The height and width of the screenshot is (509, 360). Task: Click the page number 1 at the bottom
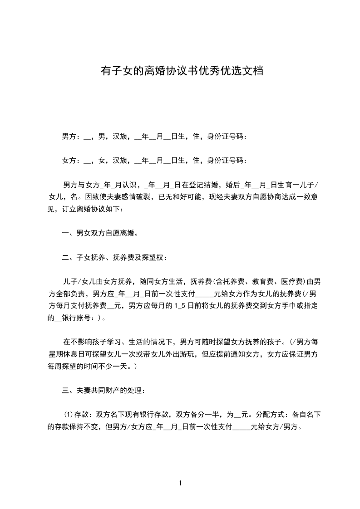click(180, 483)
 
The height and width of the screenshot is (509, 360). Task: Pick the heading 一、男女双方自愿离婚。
click(100, 234)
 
